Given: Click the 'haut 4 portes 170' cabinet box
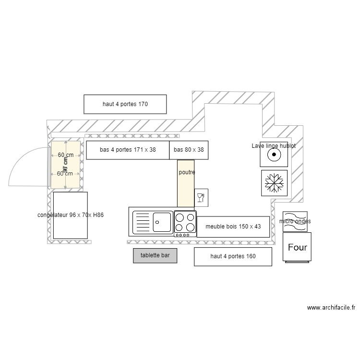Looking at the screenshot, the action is (x=125, y=104).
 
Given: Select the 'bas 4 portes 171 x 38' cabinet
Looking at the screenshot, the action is (x=128, y=150).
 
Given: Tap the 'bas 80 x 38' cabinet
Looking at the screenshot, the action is (x=189, y=150).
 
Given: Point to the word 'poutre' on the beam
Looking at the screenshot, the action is (x=187, y=172).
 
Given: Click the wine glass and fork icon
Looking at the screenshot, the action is (x=201, y=197).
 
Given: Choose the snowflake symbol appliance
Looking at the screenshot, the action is (x=275, y=183).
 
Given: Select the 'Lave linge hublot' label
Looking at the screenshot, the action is (x=274, y=145).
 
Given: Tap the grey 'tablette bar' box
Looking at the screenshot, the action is (x=155, y=256).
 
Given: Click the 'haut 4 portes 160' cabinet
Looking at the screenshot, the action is (x=233, y=256).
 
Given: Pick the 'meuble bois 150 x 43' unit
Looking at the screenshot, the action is (x=233, y=227).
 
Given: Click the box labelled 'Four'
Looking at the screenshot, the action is (x=297, y=248).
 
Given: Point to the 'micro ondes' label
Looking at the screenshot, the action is (x=295, y=221).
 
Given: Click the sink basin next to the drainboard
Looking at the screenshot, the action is (x=163, y=222).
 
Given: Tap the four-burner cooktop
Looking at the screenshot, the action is (x=185, y=223).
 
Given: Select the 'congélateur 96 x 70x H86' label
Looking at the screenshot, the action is (x=71, y=215).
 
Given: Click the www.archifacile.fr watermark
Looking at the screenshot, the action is (x=331, y=308).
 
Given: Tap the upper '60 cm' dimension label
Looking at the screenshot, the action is (x=66, y=155).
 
